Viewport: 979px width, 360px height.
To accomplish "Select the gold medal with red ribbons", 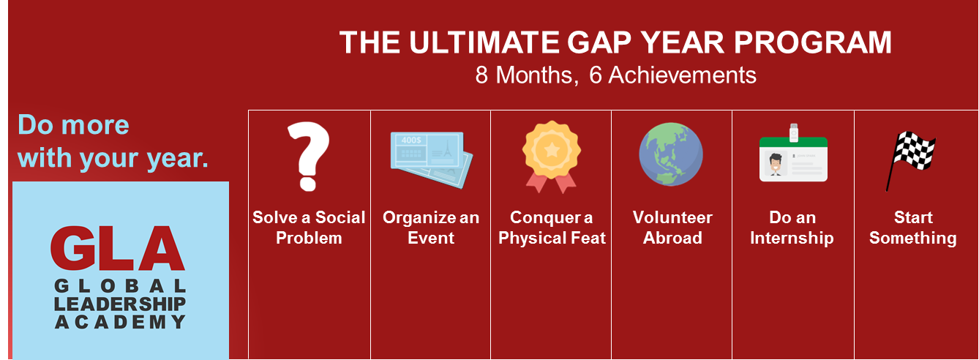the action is coord(552,157).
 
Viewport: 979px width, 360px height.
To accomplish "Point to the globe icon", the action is coord(671,154).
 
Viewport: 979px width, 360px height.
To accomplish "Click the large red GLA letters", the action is coord(118,248).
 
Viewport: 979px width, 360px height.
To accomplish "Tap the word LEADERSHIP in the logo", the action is coord(120,304).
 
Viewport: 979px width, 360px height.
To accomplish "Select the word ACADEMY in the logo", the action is coord(120,322).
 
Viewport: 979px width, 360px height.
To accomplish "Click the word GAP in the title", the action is coord(599,42).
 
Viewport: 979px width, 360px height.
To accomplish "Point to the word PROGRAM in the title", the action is coord(812,42).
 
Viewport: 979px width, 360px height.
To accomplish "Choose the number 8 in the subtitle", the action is coord(481,75).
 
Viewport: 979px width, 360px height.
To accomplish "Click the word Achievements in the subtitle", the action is coord(682,75).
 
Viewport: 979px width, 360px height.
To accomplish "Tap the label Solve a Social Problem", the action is coord(309,228).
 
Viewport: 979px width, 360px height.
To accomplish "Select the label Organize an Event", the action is coord(431,228).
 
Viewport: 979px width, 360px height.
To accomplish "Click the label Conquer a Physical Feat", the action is coord(552,228).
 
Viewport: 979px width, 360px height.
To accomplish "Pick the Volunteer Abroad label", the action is coord(672,228).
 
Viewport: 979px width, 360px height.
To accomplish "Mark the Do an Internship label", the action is coord(792,228).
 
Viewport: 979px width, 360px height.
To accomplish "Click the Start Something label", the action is coord(913,228).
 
